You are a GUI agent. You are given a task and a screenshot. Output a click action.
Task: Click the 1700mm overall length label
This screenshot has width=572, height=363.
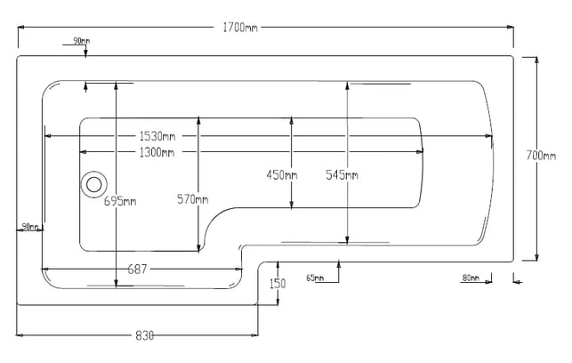pyautogui.click(x=240, y=28)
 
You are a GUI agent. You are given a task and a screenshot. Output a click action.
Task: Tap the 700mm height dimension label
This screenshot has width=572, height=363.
pyautogui.click(x=541, y=156)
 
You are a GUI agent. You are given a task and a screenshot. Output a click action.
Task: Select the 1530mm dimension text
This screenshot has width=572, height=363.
pyautogui.click(x=157, y=136)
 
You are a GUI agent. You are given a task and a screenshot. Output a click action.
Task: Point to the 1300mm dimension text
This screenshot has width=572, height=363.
pyautogui.click(x=157, y=152)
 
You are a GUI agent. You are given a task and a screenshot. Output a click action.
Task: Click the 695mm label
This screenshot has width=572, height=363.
pyautogui.click(x=120, y=201)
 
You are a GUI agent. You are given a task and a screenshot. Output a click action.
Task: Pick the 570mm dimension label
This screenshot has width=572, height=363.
pyautogui.click(x=193, y=199)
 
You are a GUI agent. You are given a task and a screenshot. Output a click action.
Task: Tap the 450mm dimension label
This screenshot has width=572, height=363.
pyautogui.click(x=282, y=174)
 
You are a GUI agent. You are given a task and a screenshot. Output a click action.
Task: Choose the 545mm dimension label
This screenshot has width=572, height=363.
pyautogui.click(x=342, y=174)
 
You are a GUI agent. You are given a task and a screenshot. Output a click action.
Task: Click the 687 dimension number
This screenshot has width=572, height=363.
pyautogui.click(x=137, y=270)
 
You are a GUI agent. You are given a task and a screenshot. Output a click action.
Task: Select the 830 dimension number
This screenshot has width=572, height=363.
pyautogui.click(x=144, y=335)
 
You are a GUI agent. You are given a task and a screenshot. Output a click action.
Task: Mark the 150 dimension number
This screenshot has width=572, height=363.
pyautogui.click(x=278, y=284)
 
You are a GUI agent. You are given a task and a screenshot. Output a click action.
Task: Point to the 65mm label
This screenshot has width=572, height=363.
pyautogui.click(x=315, y=278)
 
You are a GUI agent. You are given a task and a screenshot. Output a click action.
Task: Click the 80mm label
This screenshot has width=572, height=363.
pyautogui.click(x=471, y=278)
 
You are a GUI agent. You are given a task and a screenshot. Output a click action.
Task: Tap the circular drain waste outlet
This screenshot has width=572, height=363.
pyautogui.click(x=93, y=184)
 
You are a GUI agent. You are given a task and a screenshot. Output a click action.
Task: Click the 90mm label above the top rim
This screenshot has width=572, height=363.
pyautogui.click(x=81, y=41)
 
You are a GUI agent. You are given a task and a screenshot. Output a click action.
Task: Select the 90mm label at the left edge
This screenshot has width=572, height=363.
pyautogui.click(x=30, y=227)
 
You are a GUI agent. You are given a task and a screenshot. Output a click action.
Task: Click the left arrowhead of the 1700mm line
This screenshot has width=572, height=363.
pyautogui.click(x=20, y=27)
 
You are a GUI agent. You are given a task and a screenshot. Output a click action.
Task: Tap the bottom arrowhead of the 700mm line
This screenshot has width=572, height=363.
pyautogui.click(x=536, y=257)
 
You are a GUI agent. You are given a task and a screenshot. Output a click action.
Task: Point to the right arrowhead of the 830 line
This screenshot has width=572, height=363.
pyautogui.click(x=254, y=335)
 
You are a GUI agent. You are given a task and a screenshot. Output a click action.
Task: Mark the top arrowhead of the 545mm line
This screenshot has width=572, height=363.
pyautogui.click(x=347, y=85)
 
